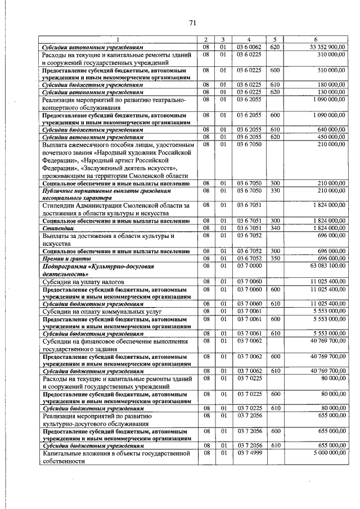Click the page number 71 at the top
pyautogui.click(x=192, y=23)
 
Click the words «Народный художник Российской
pyautogui.click(x=137, y=152)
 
